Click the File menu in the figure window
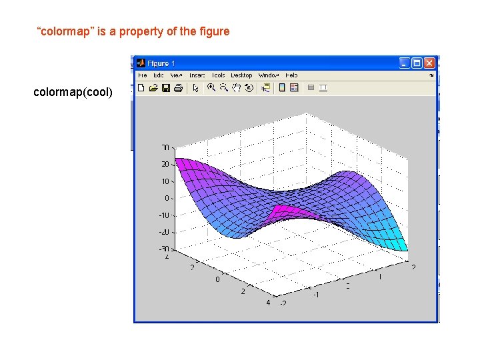(x=143, y=75)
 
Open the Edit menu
(x=158, y=75)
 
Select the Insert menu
(x=197, y=75)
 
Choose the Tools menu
(x=219, y=75)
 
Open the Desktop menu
(x=241, y=75)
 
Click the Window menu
(x=268, y=75)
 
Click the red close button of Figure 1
(x=429, y=63)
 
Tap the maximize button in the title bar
(x=417, y=63)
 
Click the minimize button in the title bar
(x=405, y=63)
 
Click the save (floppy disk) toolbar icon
(x=165, y=87)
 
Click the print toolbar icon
(x=177, y=87)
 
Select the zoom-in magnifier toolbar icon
(x=211, y=87)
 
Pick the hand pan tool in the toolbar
(x=236, y=87)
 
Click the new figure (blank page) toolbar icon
(x=141, y=87)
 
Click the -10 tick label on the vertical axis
(x=164, y=215)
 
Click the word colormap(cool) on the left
(x=73, y=92)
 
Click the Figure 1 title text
(x=162, y=63)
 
